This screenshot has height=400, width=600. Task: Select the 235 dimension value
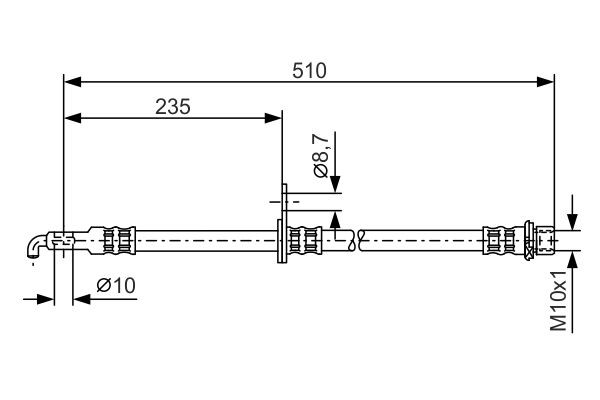tap(173, 106)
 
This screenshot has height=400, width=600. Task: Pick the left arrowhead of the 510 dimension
tap(71, 84)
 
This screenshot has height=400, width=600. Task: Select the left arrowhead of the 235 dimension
tap(71, 119)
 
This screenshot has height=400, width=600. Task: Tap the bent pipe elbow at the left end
tap(35, 244)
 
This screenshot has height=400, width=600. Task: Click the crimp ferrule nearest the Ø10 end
tap(118, 239)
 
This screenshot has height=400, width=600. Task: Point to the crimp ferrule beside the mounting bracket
tap(305, 239)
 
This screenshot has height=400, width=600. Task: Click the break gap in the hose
tap(357, 239)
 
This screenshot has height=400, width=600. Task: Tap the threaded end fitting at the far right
tap(545, 239)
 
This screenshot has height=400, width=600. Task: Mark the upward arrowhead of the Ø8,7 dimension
tap(335, 218)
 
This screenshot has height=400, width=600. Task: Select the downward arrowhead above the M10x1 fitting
tap(572, 223)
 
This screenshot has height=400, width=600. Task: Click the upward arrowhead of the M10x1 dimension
tap(572, 255)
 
